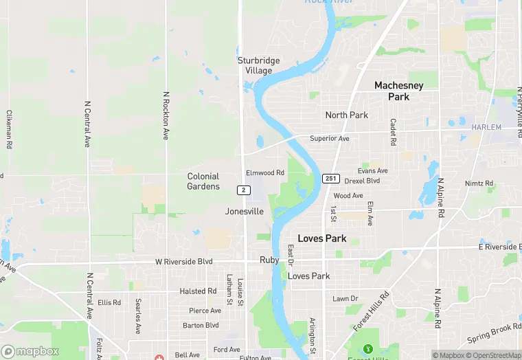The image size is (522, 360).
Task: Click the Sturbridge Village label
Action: click(x=259, y=65)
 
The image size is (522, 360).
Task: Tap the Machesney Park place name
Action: click(x=398, y=91)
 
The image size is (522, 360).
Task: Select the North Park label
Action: click(x=347, y=115)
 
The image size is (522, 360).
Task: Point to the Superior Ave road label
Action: click(x=330, y=138)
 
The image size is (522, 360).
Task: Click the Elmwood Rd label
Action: click(x=265, y=172)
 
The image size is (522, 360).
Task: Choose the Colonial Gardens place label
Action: click(x=203, y=181)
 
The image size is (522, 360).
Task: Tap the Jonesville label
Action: click(x=245, y=212)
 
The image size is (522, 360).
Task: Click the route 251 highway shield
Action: click(x=331, y=179)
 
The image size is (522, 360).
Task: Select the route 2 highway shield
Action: click(x=243, y=190)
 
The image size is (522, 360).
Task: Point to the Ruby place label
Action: click(x=269, y=260)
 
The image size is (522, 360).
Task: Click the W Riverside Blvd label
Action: click(x=183, y=262)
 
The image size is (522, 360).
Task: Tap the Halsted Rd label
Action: click(x=198, y=291)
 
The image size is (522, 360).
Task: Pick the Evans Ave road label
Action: click(x=373, y=170)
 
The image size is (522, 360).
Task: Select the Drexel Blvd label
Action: click(x=362, y=181)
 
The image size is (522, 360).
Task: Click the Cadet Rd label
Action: click(x=394, y=132)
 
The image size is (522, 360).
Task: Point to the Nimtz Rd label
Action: click(x=479, y=183)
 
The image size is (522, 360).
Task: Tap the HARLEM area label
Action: click(x=487, y=128)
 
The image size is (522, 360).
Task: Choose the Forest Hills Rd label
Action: click(x=371, y=311)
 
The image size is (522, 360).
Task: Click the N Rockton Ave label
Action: click(x=166, y=115)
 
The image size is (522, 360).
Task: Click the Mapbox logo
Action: click(x=30, y=351)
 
